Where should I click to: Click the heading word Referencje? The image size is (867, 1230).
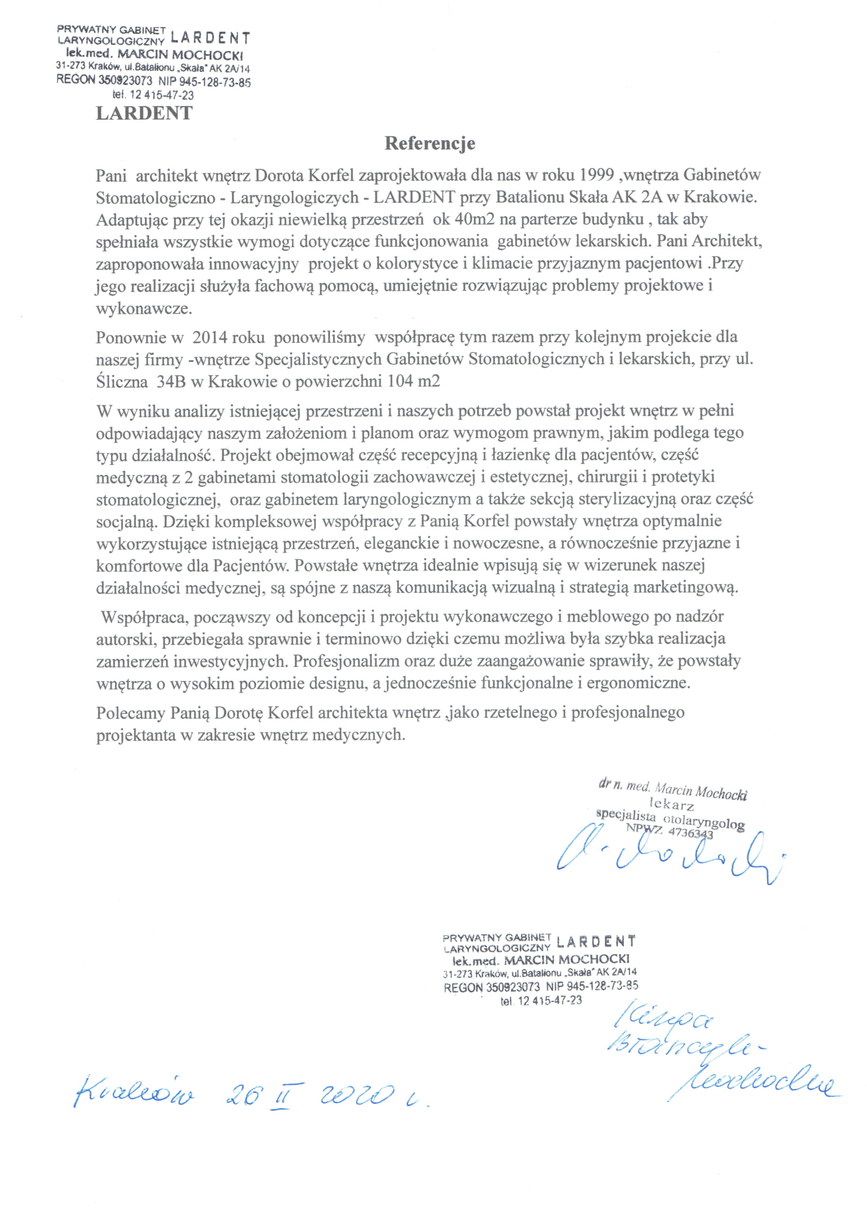click(x=430, y=144)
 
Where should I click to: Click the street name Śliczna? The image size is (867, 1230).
click(x=122, y=381)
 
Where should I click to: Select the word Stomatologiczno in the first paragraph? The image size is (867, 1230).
click(x=155, y=198)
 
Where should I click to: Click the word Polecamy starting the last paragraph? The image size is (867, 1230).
click(x=130, y=712)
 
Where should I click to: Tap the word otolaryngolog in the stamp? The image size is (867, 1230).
click(x=704, y=821)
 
